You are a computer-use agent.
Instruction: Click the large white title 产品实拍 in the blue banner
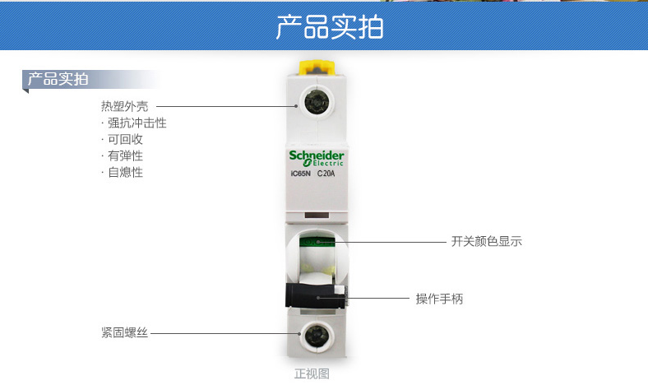click(x=330, y=27)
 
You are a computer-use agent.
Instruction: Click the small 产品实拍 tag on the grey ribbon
click(x=58, y=79)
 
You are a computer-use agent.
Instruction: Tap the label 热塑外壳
click(x=124, y=106)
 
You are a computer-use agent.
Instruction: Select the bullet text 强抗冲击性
click(x=137, y=123)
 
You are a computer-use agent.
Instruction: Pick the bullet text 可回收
click(x=125, y=139)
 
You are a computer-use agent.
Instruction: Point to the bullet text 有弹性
click(x=125, y=156)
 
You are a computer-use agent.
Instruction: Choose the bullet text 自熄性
click(x=125, y=172)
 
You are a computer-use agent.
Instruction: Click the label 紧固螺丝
click(x=124, y=332)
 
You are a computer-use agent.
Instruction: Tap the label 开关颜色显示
click(x=487, y=241)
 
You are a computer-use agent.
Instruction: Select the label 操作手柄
click(x=439, y=299)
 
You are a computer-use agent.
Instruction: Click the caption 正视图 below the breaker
click(x=312, y=373)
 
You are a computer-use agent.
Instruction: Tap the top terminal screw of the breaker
click(x=317, y=102)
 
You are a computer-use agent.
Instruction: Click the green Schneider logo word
click(x=316, y=155)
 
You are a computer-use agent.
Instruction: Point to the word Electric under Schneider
click(x=328, y=164)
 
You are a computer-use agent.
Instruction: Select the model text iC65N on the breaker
click(x=300, y=174)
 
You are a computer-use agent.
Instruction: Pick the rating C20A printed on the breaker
click(x=326, y=174)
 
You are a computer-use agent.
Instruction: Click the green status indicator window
click(x=317, y=242)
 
